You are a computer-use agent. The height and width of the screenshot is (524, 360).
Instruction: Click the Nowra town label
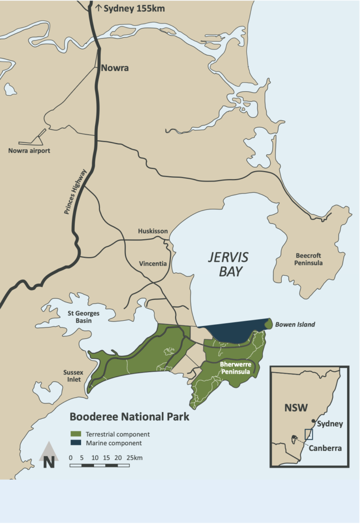point(115,68)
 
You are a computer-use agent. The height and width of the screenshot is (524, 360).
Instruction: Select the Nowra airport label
point(29,151)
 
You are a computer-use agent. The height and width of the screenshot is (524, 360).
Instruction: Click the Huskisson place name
point(153,231)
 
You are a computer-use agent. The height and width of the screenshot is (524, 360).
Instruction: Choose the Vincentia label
point(153,264)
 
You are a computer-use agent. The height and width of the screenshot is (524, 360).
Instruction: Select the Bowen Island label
point(295,325)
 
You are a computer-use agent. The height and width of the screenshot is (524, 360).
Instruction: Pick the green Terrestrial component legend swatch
point(75,434)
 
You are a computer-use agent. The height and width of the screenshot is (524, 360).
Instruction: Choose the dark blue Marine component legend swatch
point(75,443)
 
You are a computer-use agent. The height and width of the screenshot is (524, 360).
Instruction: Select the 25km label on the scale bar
point(135,458)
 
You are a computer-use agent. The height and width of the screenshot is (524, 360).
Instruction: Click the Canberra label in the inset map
point(325,449)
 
